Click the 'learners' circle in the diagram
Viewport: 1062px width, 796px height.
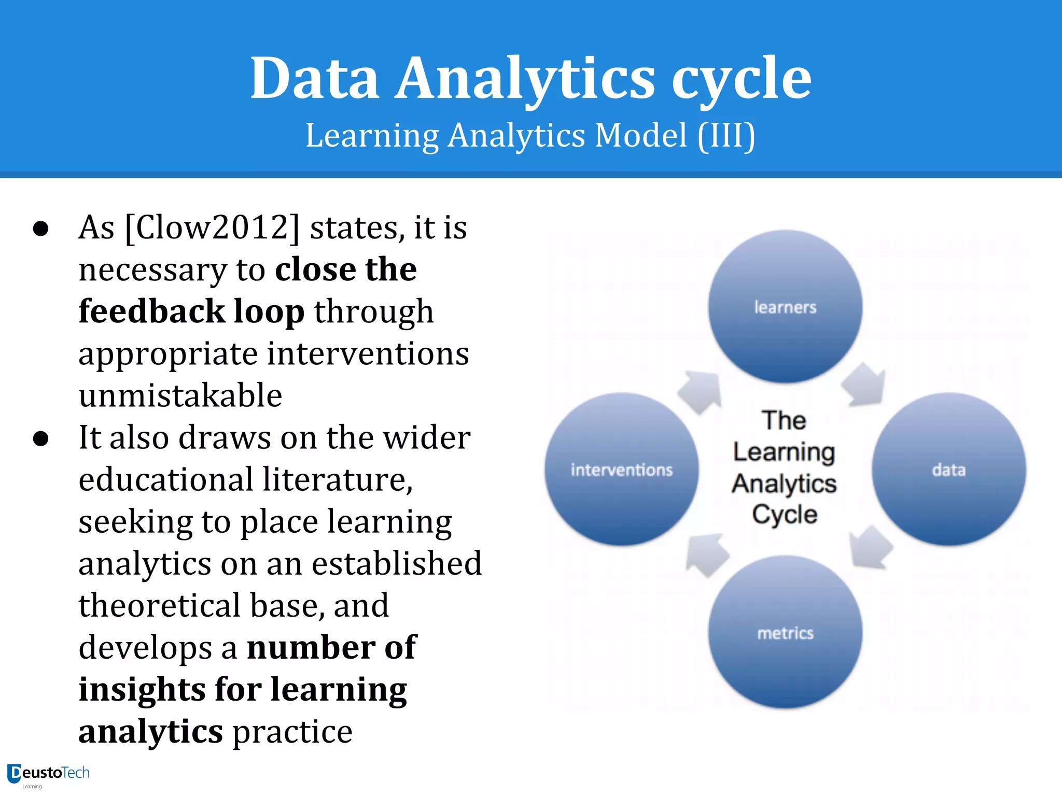[785, 307]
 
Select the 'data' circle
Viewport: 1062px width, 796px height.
[948, 470]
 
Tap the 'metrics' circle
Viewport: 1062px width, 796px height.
[785, 632]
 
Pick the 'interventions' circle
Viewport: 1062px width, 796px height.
[622, 470]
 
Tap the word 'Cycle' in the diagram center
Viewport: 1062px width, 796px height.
[785, 515]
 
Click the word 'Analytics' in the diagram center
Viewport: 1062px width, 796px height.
[784, 484]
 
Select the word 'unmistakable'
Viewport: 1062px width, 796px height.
[180, 395]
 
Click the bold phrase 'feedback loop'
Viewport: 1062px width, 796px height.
[191, 311]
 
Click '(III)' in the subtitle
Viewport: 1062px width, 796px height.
[726, 136]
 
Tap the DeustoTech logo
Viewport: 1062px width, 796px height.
[48, 774]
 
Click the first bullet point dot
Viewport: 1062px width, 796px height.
[40, 229]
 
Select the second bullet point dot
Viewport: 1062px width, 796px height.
[40, 439]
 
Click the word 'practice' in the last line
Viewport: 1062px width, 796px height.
[292, 732]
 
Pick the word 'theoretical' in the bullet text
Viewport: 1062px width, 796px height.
[160, 605]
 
